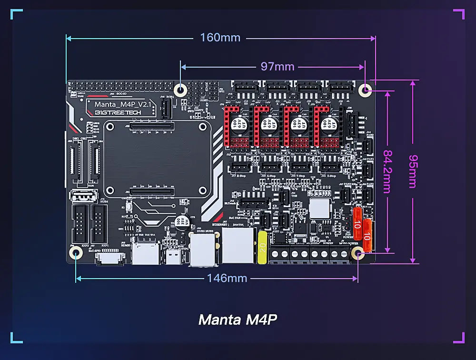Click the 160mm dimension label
[220, 37]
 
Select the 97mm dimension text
[277, 67]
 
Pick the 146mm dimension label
[227, 278]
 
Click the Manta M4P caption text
[237, 320]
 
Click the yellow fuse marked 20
[262, 247]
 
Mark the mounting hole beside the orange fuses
[358, 254]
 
